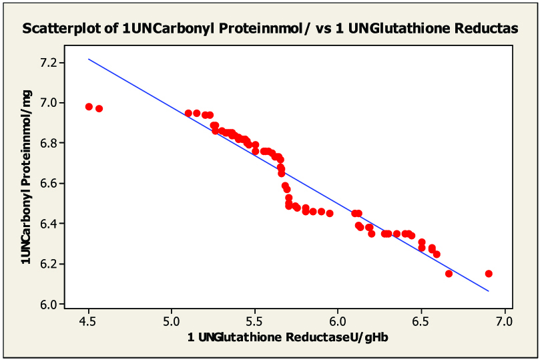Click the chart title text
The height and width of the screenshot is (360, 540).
coord(270,29)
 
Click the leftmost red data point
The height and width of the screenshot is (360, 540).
coord(89,107)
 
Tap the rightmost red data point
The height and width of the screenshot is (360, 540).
coord(489,274)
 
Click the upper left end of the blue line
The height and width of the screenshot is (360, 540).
coord(89,59)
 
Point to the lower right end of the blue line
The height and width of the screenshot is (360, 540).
coord(489,291)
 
